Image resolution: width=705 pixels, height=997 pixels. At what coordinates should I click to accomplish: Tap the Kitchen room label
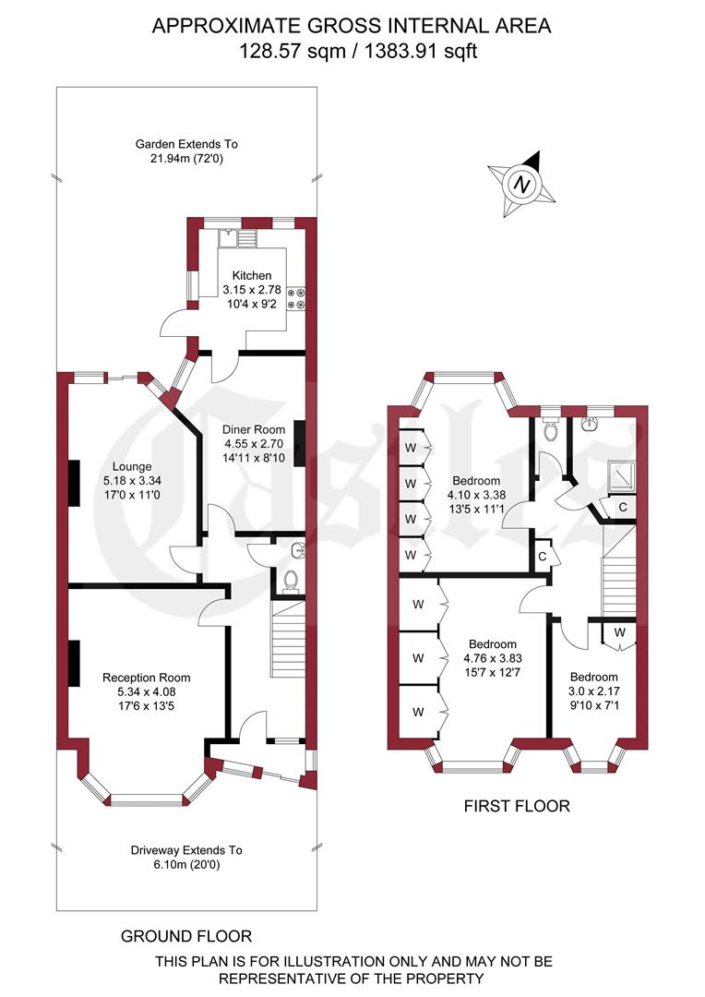tap(252, 275)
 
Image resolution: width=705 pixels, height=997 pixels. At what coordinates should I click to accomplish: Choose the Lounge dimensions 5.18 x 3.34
tap(127, 481)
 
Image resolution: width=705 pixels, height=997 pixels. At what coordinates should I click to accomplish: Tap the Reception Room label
tap(147, 678)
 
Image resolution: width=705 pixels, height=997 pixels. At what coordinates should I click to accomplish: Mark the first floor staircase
tap(618, 571)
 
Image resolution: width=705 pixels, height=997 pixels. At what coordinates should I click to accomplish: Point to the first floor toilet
tap(551, 430)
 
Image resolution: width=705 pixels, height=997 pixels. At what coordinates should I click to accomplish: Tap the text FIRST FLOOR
tap(516, 806)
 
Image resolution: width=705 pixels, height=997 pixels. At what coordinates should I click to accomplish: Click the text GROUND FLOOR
tap(186, 936)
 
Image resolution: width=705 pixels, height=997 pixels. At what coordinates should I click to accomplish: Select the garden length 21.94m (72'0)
tap(186, 160)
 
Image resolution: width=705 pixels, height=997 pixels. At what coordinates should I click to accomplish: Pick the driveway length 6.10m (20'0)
tap(185, 865)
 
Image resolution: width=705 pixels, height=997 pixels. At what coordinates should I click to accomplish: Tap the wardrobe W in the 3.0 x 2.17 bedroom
tap(619, 632)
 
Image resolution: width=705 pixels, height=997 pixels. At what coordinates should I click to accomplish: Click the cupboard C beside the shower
tap(622, 507)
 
